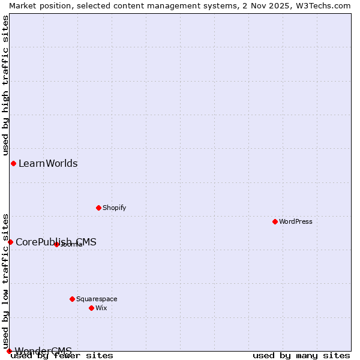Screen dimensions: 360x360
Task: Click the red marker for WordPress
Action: pyautogui.click(x=275, y=221)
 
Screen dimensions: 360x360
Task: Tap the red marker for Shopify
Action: pyautogui.click(x=99, y=208)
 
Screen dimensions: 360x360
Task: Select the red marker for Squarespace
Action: pyautogui.click(x=73, y=299)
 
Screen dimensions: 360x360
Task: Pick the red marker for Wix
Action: pyautogui.click(x=92, y=308)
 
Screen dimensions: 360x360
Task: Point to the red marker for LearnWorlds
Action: pyautogui.click(x=13, y=163)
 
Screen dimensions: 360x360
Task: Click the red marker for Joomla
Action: pyautogui.click(x=57, y=244)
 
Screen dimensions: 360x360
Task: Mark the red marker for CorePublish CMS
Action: pyautogui.click(x=10, y=242)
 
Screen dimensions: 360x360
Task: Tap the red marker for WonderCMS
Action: pyautogui.click(x=9, y=351)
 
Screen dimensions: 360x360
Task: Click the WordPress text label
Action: pyautogui.click(x=296, y=221)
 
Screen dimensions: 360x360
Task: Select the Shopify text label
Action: pyautogui.click(x=114, y=208)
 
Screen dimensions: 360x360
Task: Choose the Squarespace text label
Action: pyautogui.click(x=97, y=299)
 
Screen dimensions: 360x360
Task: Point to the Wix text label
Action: pyautogui.click(x=101, y=308)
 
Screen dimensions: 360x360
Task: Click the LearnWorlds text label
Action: pyautogui.click(x=48, y=163)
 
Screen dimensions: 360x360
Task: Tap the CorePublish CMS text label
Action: pyautogui.click(x=56, y=242)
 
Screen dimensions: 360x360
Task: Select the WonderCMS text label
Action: pyautogui.click(x=43, y=351)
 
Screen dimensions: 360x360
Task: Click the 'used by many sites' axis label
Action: pyautogui.click(x=301, y=356)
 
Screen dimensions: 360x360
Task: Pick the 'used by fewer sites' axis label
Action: pyautogui.click(x=62, y=356)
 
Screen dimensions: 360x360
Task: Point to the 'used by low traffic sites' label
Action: pyautogui.click(x=5, y=277)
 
